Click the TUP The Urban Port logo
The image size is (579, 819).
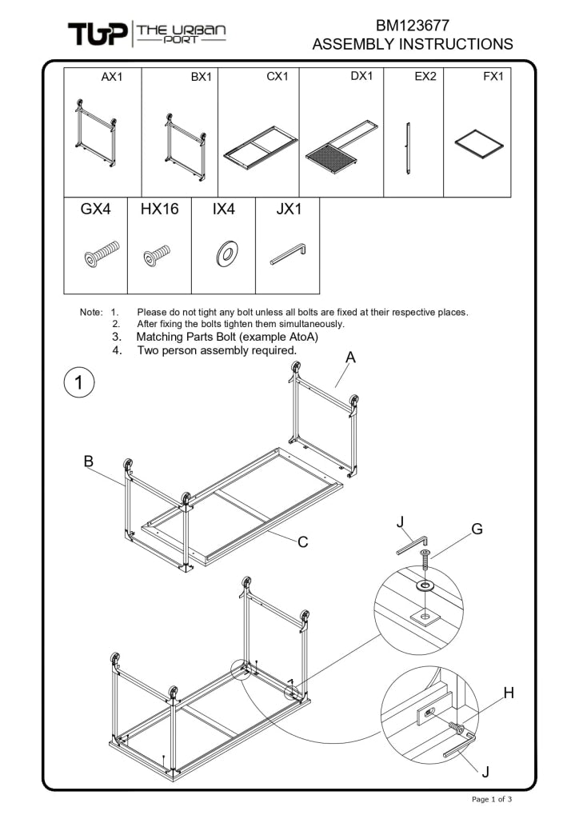point(146,34)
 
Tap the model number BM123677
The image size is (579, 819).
point(412,26)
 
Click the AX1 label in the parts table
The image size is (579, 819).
point(112,77)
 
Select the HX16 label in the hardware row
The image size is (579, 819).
point(159,210)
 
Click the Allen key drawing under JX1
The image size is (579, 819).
point(288,254)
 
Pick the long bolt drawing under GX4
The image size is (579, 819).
point(101,254)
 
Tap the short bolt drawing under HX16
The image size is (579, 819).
point(157,255)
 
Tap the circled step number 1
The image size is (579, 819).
point(79,382)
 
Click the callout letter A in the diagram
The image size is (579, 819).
point(350,358)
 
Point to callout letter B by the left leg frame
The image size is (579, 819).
point(89,461)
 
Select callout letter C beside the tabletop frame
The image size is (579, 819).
point(303,542)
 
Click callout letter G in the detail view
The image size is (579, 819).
point(477,529)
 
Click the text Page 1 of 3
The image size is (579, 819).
point(492,799)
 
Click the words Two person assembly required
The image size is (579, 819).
point(217,350)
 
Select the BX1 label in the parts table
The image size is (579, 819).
point(201,77)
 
